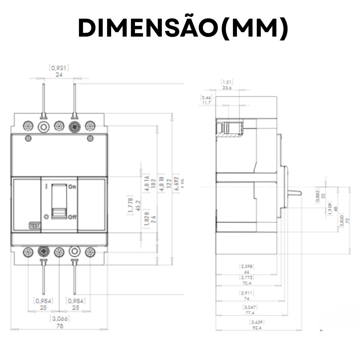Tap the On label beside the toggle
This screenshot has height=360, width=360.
pos(72,187)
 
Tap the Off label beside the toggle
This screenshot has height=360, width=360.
pos(72,217)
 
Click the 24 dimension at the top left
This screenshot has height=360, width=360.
pos(59,75)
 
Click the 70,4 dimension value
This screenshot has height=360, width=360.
pos(247,283)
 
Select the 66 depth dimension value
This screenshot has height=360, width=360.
pos(247,272)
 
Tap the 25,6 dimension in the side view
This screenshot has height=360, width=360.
pos(227,88)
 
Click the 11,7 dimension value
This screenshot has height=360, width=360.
pos(206,103)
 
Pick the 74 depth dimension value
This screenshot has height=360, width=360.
pos(247,299)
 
